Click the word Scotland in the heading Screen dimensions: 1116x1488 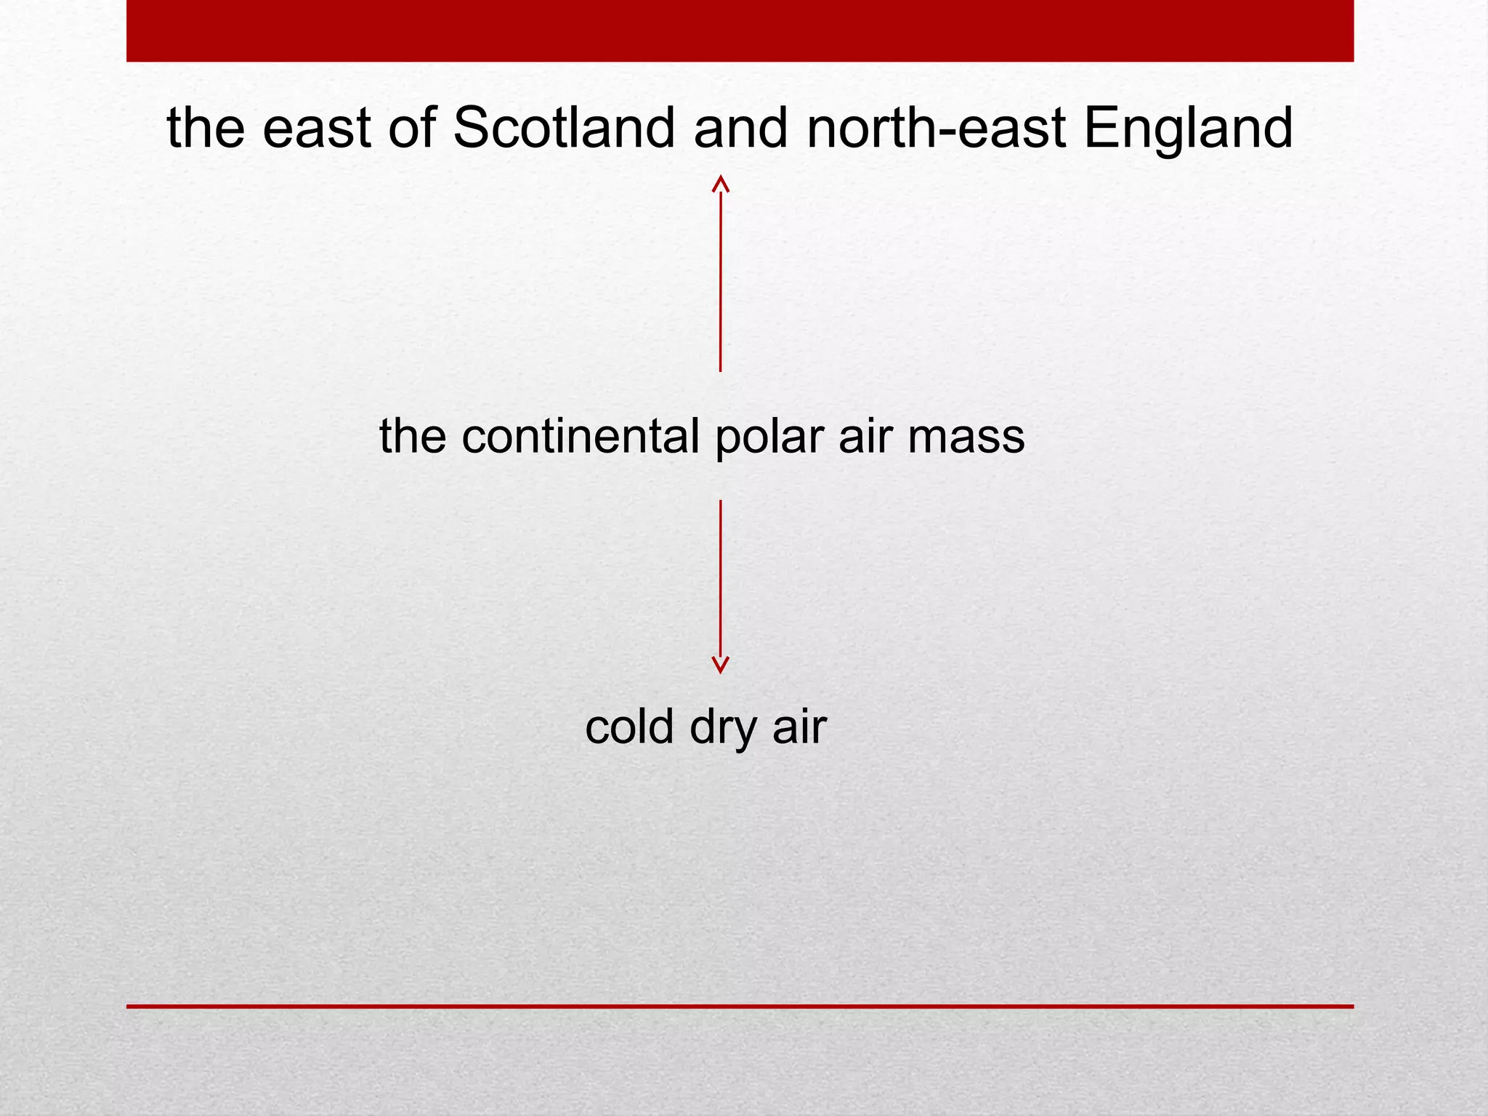click(x=564, y=128)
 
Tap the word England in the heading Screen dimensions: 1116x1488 click(x=1188, y=128)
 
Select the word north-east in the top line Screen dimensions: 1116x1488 click(x=937, y=128)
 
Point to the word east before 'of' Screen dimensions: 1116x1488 click(x=317, y=128)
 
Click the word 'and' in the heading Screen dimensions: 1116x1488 click(x=740, y=128)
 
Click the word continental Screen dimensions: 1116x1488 click(x=581, y=437)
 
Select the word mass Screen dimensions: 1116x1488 click(x=966, y=437)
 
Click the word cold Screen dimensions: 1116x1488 click(x=629, y=726)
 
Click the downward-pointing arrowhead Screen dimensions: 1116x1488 click(x=720, y=665)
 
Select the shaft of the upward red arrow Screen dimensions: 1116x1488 click(x=720, y=283)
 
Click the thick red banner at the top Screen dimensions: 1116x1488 click(x=740, y=31)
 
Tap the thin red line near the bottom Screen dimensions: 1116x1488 click(x=740, y=1006)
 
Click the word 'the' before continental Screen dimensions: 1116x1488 click(x=412, y=437)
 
